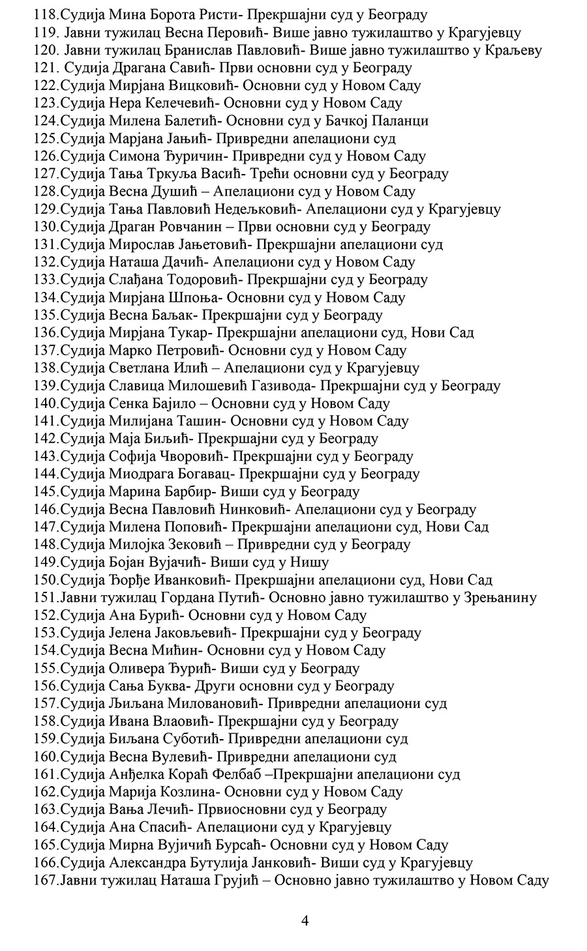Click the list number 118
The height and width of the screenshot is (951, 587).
pos(45,14)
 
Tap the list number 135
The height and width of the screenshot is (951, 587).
pos(45,315)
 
